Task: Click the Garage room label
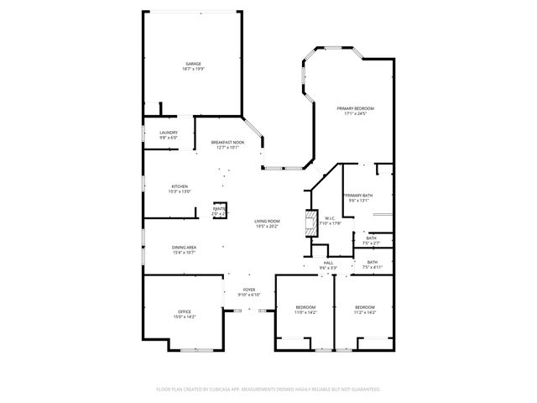coord(194,64)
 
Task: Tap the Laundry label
coord(168,133)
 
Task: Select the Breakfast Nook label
coord(227,143)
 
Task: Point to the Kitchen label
coord(180,186)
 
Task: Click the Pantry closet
coord(221,211)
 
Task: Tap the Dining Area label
coord(184,247)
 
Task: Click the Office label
coord(184,312)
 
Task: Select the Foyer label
coord(249,290)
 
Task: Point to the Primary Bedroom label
coord(355,108)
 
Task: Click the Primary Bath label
coord(358,196)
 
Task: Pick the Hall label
coord(328,263)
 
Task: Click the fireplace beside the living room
coord(311,221)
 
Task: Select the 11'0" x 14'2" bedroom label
coord(305,307)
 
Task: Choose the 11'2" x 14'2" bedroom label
coord(364,307)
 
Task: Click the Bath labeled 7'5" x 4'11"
coord(371,263)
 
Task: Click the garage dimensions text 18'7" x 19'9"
coord(194,69)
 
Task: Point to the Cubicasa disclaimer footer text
coord(268,390)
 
